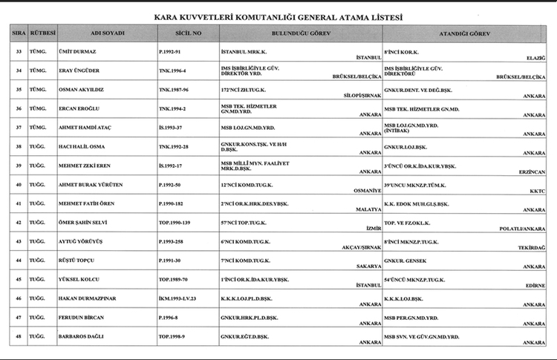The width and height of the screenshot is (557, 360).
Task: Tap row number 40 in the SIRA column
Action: point(19,184)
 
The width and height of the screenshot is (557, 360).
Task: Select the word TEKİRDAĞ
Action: point(532,248)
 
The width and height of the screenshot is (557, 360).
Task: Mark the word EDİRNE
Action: point(535,286)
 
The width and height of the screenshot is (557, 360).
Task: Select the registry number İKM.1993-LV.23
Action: point(179,298)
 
